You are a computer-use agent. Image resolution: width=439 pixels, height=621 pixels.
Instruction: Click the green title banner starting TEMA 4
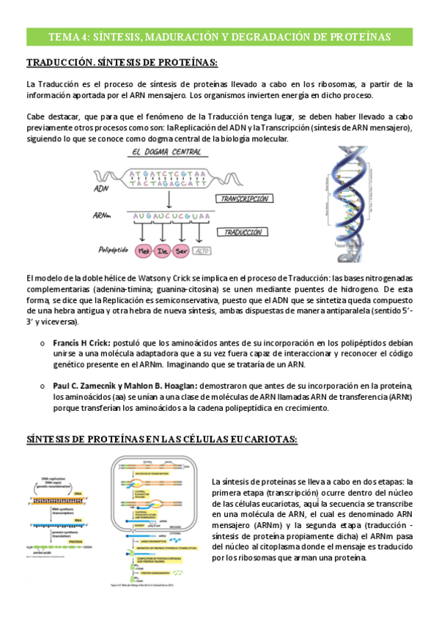tap(219, 37)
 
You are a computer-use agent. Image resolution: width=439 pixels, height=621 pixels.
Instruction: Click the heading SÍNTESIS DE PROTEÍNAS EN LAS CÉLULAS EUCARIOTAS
tap(161, 439)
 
